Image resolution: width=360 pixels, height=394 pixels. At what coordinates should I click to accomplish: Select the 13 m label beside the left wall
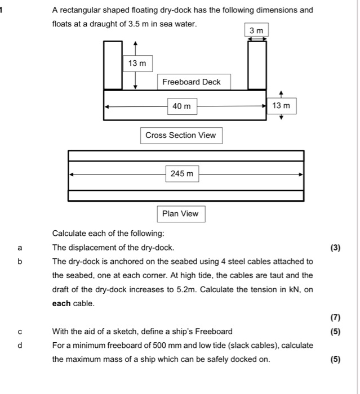coord(136,64)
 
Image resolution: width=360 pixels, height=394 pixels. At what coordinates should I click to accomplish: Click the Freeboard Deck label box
coord(192,82)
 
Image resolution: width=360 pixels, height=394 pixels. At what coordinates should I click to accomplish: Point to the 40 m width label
coord(181,106)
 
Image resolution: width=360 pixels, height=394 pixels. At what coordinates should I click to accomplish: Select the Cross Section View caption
coord(180,135)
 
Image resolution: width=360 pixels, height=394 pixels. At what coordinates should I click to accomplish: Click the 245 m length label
coord(181,174)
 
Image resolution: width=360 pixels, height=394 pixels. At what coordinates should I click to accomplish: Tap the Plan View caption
coord(180,213)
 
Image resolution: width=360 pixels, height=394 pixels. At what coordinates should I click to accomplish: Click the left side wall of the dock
coord(113,65)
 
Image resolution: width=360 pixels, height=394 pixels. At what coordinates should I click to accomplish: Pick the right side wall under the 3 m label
coord(257,65)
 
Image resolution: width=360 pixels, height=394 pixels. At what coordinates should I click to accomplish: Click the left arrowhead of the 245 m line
coord(71,174)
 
